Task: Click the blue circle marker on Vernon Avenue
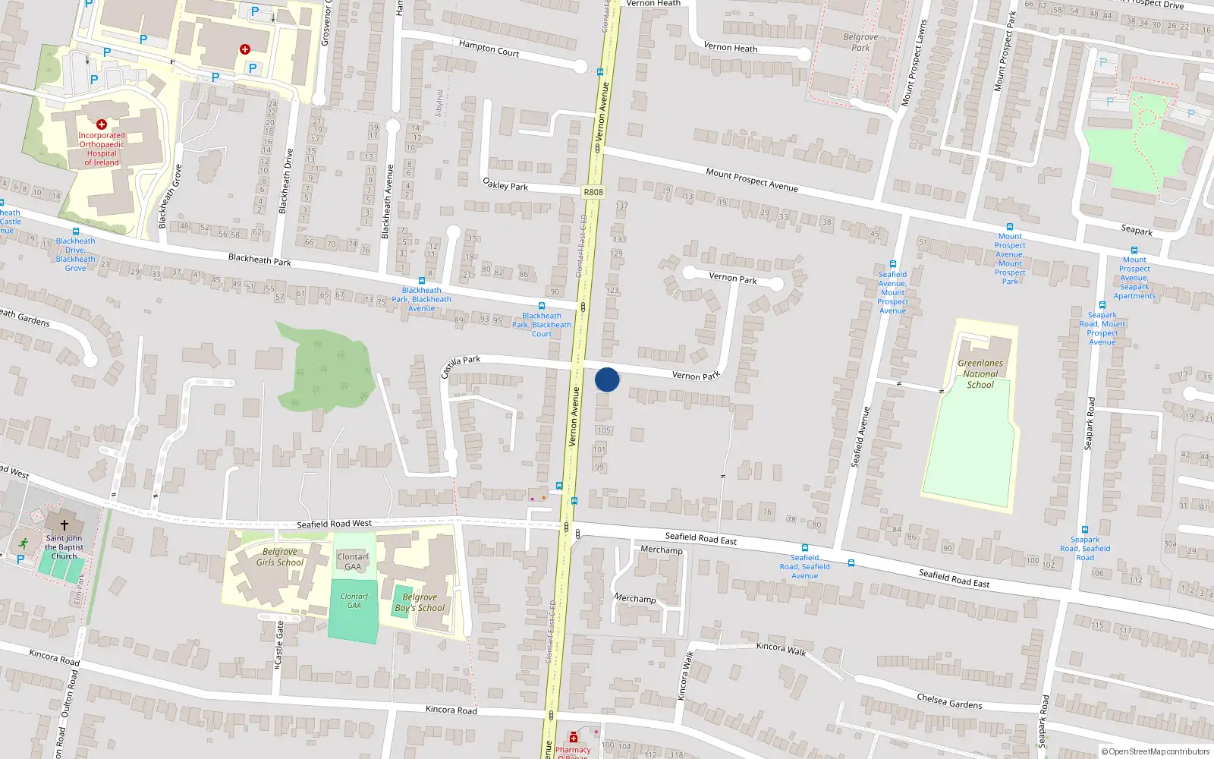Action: pyautogui.click(x=607, y=379)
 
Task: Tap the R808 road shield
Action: pyautogui.click(x=593, y=192)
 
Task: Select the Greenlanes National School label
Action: pyautogui.click(x=980, y=373)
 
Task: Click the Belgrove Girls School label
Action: pyautogui.click(x=280, y=557)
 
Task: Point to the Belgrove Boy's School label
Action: pyautogui.click(x=420, y=603)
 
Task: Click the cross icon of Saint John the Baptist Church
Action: pyautogui.click(x=64, y=524)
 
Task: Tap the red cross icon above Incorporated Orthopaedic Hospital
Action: pyautogui.click(x=102, y=124)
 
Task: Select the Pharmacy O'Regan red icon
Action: pyautogui.click(x=574, y=738)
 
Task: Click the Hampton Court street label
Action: pyautogui.click(x=489, y=49)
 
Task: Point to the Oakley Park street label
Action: pyautogui.click(x=505, y=184)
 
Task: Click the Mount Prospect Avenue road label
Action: pyautogui.click(x=752, y=180)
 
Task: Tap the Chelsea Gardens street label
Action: pyautogui.click(x=949, y=701)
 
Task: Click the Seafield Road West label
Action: pyautogui.click(x=334, y=524)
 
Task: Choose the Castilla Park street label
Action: pyautogui.click(x=461, y=365)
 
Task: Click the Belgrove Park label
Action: pyautogui.click(x=860, y=42)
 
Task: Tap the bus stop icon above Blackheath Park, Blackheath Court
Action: pyautogui.click(x=542, y=306)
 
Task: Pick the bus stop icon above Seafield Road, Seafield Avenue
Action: pyautogui.click(x=805, y=547)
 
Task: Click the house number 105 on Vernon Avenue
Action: pyautogui.click(x=604, y=430)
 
